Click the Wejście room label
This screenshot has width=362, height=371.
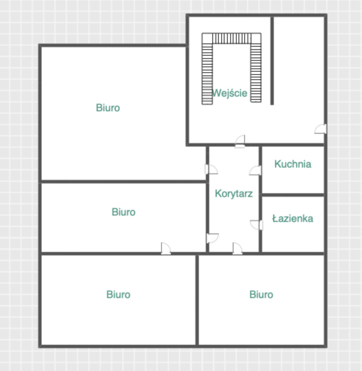tap(230, 93)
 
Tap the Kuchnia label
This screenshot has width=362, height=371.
tap(293, 164)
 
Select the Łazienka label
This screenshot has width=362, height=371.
tap(293, 218)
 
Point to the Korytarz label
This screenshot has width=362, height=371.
tap(234, 193)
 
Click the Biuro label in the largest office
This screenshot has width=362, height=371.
tap(108, 107)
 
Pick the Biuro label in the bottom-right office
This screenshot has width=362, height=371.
tap(261, 295)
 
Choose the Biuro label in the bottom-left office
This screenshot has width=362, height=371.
tap(118, 295)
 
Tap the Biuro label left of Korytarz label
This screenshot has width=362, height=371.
tap(123, 212)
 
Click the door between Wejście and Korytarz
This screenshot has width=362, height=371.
tap(240, 141)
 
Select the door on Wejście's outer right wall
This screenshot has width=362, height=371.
tap(321, 129)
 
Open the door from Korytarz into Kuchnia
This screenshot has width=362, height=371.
tap(256, 170)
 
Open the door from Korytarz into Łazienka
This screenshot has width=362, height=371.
tap(256, 224)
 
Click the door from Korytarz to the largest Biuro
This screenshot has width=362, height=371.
tap(210, 169)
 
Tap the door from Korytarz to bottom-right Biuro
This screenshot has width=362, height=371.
tap(237, 248)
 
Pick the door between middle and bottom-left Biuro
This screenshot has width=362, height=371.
tap(165, 248)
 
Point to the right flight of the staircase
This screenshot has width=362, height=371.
tap(255, 71)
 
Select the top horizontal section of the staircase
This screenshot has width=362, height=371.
tap(231, 38)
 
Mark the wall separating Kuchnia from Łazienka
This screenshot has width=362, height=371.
tap(293, 194)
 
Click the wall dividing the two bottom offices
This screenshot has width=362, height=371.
tap(197, 299)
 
